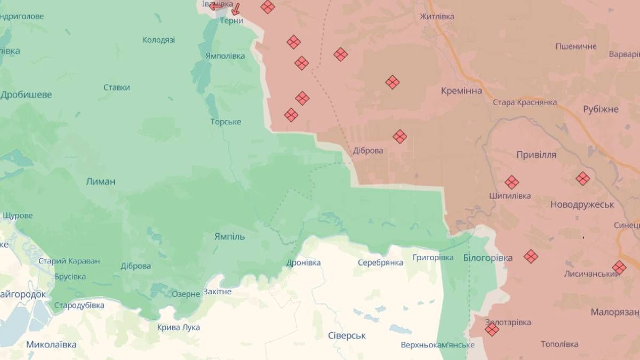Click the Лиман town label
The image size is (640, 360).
click(x=100, y=181)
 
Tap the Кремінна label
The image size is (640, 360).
click(x=461, y=91)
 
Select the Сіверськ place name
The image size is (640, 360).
click(x=347, y=335)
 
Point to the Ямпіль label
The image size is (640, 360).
click(x=229, y=236)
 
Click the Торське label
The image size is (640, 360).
click(x=226, y=122)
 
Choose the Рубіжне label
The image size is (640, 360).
click(x=601, y=109)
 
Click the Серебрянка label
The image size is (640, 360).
click(x=380, y=263)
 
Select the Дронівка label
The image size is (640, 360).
click(x=303, y=263)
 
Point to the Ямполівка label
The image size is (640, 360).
click(x=225, y=56)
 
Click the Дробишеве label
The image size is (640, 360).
click(x=26, y=95)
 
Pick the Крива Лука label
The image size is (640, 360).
click(x=179, y=327)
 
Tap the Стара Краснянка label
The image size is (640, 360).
click(x=525, y=102)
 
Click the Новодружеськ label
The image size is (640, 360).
click(x=582, y=204)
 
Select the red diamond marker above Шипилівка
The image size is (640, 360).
click(x=511, y=182)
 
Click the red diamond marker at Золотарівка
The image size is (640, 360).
click(x=492, y=330)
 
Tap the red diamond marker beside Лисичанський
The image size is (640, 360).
click(x=619, y=267)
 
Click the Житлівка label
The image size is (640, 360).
click(x=437, y=17)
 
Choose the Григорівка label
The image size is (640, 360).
click(x=433, y=258)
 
